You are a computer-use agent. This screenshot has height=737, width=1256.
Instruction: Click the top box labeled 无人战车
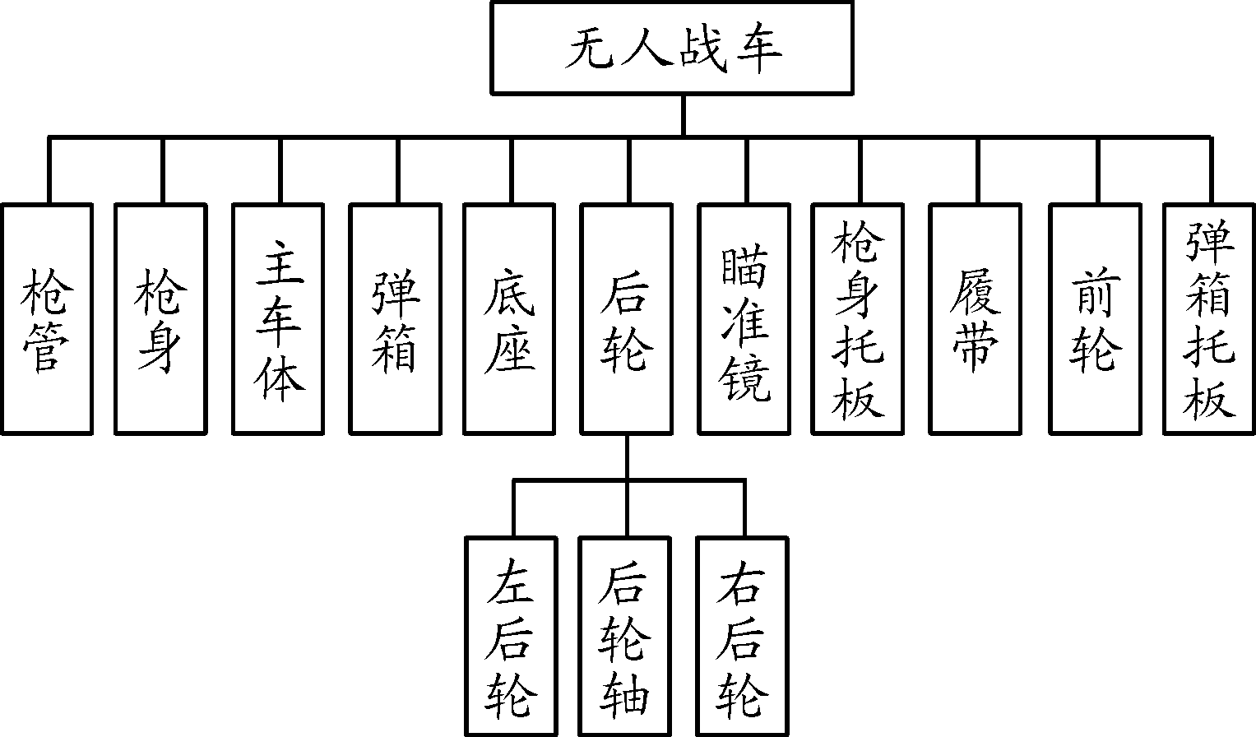click(x=671, y=48)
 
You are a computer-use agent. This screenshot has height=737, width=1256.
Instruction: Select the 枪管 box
click(x=46, y=318)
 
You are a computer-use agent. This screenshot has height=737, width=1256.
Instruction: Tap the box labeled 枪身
click(x=160, y=318)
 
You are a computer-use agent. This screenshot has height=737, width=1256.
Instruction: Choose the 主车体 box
click(x=278, y=318)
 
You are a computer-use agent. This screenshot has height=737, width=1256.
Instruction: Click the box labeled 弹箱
click(x=396, y=318)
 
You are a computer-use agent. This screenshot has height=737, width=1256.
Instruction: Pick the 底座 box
click(x=509, y=318)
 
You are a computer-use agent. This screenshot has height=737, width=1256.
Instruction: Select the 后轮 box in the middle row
click(x=626, y=318)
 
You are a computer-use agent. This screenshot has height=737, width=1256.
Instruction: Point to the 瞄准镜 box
click(x=744, y=318)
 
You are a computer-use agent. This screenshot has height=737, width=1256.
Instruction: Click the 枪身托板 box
click(x=858, y=318)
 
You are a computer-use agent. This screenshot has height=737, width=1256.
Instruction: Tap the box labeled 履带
click(x=976, y=318)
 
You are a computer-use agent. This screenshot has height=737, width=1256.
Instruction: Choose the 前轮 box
click(x=1096, y=318)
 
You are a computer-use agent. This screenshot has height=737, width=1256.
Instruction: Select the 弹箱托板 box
click(x=1210, y=318)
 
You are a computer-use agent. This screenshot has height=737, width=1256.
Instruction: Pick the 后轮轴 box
click(x=625, y=636)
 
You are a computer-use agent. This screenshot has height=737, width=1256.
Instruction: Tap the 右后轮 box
click(x=743, y=636)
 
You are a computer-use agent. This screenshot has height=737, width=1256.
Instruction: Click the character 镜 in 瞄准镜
click(x=745, y=378)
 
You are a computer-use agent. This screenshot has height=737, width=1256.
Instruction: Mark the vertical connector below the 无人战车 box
click(x=683, y=115)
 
